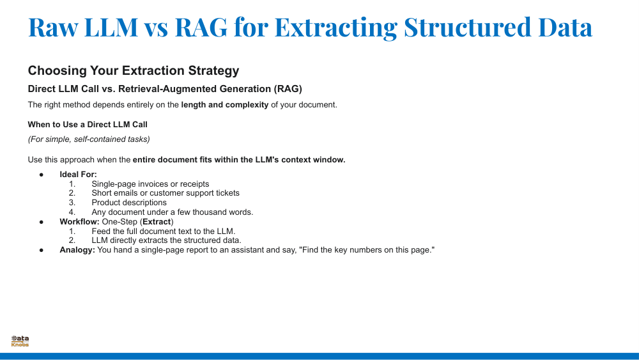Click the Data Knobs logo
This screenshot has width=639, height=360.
(20, 341)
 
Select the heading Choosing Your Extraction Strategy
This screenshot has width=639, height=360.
(134, 70)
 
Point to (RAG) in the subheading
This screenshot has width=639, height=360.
(288, 89)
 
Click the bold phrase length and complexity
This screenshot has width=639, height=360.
(224, 105)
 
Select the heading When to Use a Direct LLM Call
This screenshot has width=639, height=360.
(88, 124)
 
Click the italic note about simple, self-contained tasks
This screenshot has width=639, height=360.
(89, 139)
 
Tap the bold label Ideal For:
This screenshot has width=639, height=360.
(78, 175)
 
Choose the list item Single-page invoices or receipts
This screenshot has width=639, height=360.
(150, 184)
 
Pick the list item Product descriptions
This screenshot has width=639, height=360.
(129, 203)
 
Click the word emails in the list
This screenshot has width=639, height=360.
(125, 193)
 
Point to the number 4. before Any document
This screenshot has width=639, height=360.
(72, 212)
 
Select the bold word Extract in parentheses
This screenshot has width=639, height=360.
(157, 222)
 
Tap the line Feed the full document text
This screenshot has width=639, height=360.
(164, 231)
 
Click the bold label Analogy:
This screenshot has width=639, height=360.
(77, 250)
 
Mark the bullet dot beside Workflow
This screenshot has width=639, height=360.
(42, 222)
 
